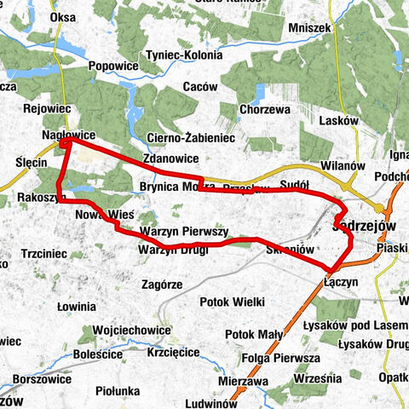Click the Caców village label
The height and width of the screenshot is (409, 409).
click(200, 87)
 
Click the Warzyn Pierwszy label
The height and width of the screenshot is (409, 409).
click(184, 231)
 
